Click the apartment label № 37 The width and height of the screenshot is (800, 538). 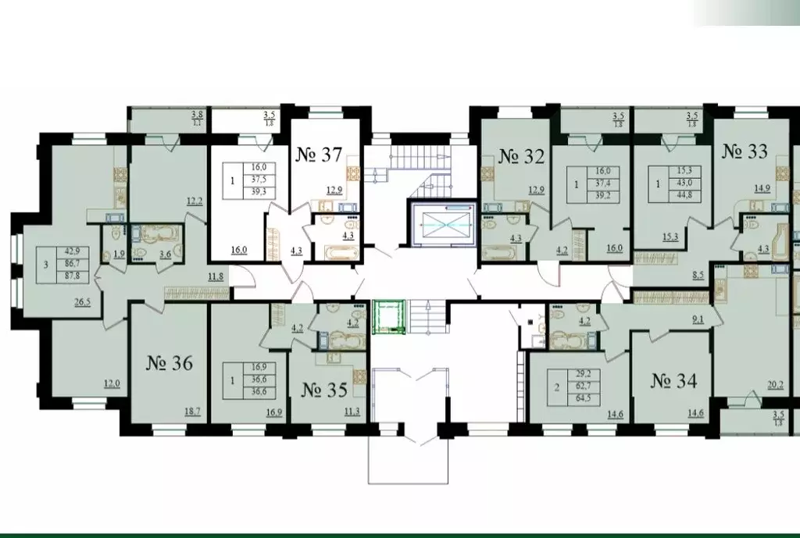(x=318, y=154)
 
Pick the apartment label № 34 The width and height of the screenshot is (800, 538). (x=673, y=382)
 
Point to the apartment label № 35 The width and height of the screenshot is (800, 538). (x=323, y=389)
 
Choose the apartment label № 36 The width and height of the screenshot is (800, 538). (x=170, y=363)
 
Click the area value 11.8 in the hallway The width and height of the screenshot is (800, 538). (x=213, y=274)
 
